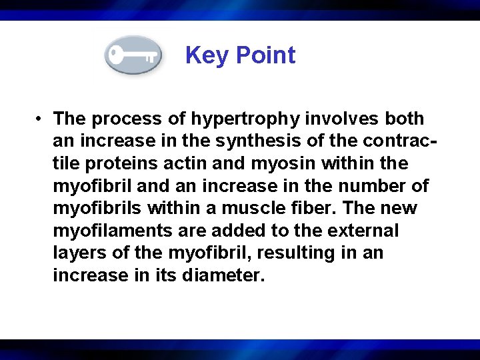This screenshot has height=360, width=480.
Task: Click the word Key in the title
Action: coord(205,55)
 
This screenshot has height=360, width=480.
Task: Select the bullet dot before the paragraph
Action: coord(41,119)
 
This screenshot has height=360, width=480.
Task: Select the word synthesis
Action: coord(261,141)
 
